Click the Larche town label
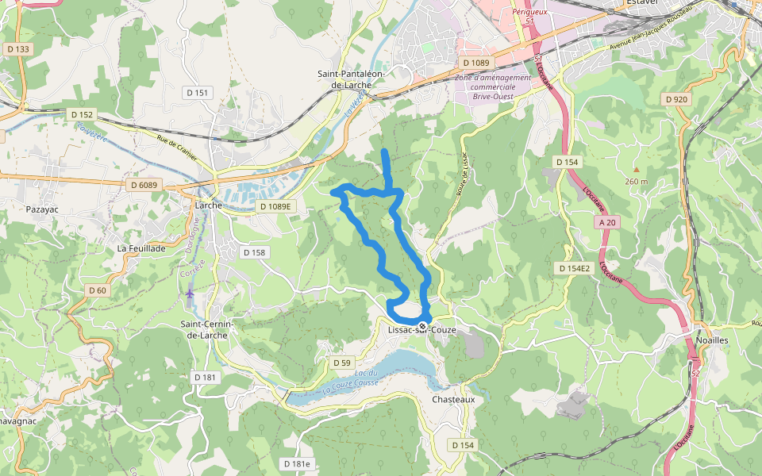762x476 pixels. [x=209, y=204]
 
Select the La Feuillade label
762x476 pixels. [x=141, y=248]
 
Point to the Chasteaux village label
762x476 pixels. [x=453, y=399]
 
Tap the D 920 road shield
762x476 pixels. [x=676, y=99]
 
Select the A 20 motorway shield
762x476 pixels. [x=607, y=222]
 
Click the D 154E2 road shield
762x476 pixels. [x=574, y=268]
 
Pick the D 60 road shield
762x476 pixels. [x=97, y=290]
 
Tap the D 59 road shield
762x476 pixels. [x=341, y=363]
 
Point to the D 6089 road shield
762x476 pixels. [x=144, y=185]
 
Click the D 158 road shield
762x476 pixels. [x=254, y=252]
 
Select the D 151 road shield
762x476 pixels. [x=199, y=93]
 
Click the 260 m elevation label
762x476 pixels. [x=636, y=181]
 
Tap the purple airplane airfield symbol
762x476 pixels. [x=189, y=294]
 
